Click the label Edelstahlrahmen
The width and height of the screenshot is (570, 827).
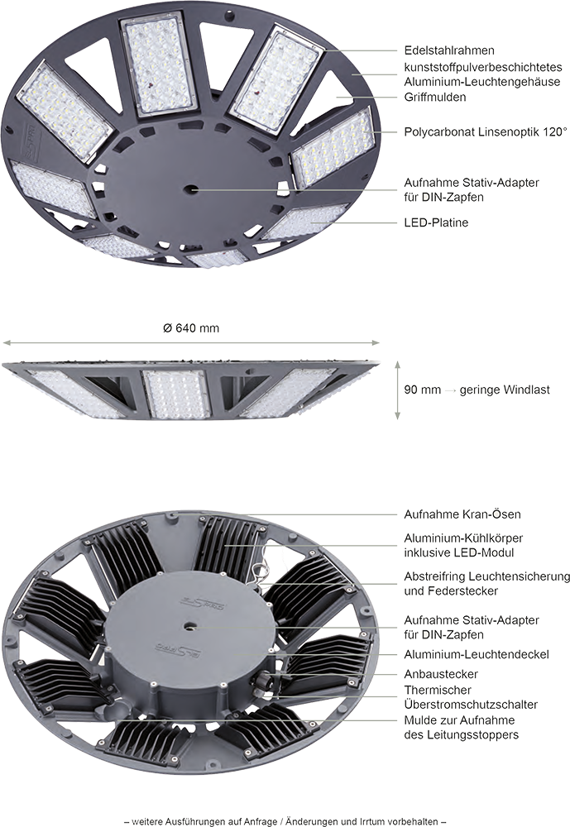click(x=449, y=50)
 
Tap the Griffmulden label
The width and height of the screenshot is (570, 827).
click(x=435, y=97)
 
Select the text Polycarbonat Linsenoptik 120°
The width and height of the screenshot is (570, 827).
click(x=486, y=131)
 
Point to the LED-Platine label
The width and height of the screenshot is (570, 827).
click(x=436, y=222)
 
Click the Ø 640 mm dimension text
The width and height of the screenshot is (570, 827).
click(x=191, y=328)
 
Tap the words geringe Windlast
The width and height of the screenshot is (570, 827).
click(x=505, y=390)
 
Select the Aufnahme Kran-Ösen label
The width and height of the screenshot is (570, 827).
click(x=462, y=514)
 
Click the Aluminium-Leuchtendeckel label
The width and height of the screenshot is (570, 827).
click(x=477, y=654)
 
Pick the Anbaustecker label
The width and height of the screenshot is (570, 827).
click(x=441, y=674)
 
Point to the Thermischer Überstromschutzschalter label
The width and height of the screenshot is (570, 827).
click(x=471, y=697)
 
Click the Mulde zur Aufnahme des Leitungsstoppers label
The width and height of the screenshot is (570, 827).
click(x=462, y=727)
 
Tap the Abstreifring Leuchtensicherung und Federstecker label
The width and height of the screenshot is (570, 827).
click(x=487, y=583)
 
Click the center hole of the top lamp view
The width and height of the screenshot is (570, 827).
click(x=190, y=188)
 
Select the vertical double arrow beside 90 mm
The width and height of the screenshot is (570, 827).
click(x=397, y=390)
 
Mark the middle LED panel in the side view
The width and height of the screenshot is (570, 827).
click(x=177, y=394)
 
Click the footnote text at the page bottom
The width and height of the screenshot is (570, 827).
click(x=285, y=821)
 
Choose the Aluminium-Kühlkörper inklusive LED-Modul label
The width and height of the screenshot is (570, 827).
click(x=463, y=545)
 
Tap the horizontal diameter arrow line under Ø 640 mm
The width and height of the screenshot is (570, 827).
click(x=191, y=343)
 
